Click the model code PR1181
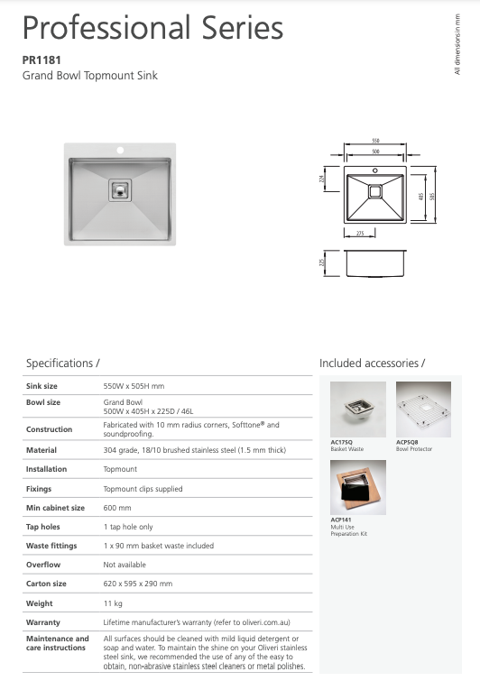(x=41, y=60)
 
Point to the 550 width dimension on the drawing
(x=375, y=142)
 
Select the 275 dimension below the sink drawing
(x=361, y=234)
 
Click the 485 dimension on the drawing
(x=421, y=196)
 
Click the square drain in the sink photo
(x=120, y=189)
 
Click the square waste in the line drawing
(x=375, y=191)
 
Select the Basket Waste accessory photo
(x=358, y=410)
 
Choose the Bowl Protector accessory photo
(x=423, y=410)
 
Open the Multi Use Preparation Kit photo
(x=358, y=487)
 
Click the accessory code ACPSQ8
(x=408, y=442)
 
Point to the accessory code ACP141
(x=341, y=520)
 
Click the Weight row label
(x=39, y=603)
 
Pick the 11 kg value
(x=113, y=603)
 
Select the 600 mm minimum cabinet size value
(x=117, y=508)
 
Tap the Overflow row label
(x=43, y=565)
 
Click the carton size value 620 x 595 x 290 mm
(x=137, y=584)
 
